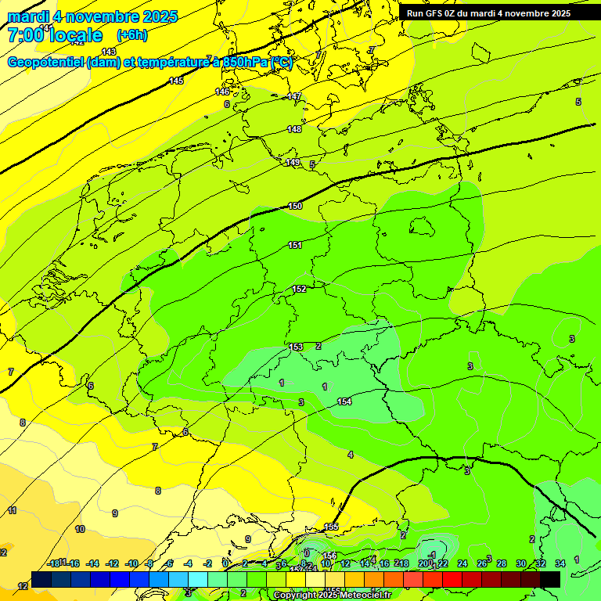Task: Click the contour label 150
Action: (x=295, y=206)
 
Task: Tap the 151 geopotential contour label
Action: (x=295, y=245)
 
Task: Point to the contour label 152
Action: (x=299, y=289)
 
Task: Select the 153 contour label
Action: (x=296, y=347)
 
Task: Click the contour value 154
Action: (x=344, y=401)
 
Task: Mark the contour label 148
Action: (x=294, y=129)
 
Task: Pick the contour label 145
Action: (x=176, y=81)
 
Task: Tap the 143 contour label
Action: (x=109, y=52)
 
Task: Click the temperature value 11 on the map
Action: (x=12, y=510)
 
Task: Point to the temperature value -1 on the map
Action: (x=432, y=555)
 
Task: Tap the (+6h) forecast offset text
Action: (x=131, y=35)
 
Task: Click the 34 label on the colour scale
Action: (x=560, y=563)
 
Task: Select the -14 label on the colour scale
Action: (x=93, y=563)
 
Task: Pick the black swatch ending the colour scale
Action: (x=550, y=579)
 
